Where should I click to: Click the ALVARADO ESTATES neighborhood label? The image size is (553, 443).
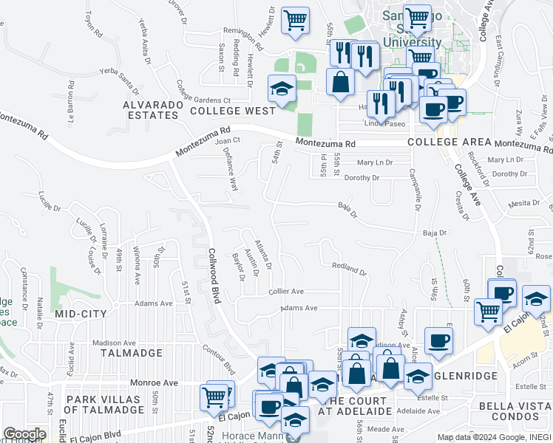pyautogui.click(x=152, y=110)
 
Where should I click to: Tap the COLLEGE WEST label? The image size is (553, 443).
pyautogui.click(x=232, y=111)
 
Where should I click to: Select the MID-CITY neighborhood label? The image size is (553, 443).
pyautogui.click(x=81, y=314)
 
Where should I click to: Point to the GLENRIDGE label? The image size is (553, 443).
pyautogui.click(x=468, y=374)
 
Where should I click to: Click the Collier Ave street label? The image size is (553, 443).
pyautogui.click(x=286, y=292)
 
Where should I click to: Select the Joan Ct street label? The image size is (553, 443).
pyautogui.click(x=228, y=140)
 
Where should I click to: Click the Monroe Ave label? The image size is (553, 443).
pyautogui.click(x=155, y=383)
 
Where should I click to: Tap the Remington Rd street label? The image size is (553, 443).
pyautogui.click(x=242, y=32)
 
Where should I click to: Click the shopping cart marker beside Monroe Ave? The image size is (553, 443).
pyautogui.click(x=214, y=396)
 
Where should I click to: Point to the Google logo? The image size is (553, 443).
pyautogui.click(x=24, y=434)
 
